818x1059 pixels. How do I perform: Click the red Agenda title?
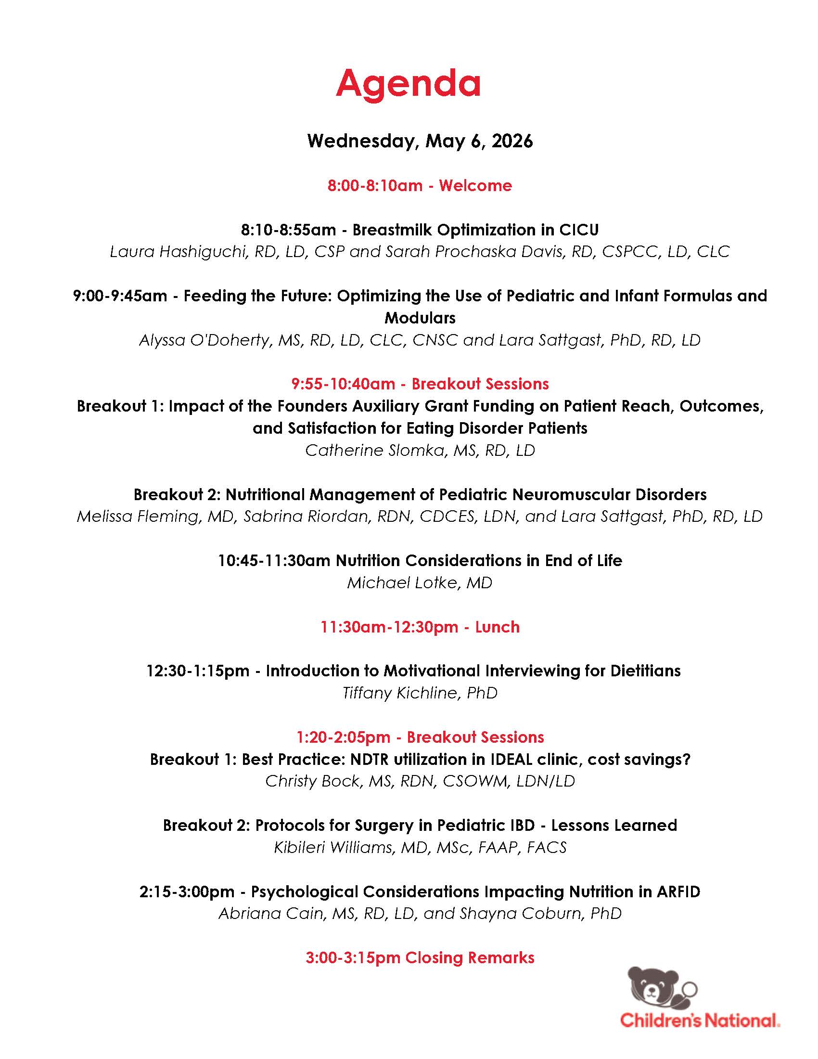point(408,83)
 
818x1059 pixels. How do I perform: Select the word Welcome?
point(475,186)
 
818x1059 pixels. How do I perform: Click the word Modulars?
point(420,318)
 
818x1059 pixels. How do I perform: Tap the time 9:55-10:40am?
point(343,384)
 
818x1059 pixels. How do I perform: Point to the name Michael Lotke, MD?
point(420,583)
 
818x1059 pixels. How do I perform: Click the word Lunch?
point(497,627)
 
